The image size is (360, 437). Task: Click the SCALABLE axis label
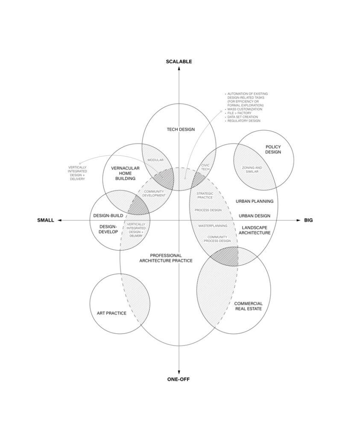coord(179,61)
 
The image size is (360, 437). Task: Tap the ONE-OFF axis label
coord(179,379)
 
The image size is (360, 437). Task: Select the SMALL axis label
coord(46,220)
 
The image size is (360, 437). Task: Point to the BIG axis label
coord(308,220)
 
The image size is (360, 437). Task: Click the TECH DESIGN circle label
coord(181,129)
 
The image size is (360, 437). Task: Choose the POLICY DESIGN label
coord(273,149)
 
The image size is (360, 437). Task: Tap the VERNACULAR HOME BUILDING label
coord(123,172)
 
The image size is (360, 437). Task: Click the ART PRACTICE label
coord(111,313)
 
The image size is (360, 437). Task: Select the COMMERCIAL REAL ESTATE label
coord(248,306)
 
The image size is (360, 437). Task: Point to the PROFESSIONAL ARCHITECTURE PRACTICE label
coord(166,258)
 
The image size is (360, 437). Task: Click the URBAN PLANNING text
coord(255,201)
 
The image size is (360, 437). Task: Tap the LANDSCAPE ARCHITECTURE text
coord(256,230)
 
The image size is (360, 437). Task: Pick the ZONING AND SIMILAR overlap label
coord(252,169)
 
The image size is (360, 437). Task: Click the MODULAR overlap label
coord(155,160)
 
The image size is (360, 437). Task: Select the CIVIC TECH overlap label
coord(206,167)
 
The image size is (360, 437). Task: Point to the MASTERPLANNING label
coord(213,225)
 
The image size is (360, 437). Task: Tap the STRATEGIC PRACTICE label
coord(205,195)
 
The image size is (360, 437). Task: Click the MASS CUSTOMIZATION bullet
coord(245,109)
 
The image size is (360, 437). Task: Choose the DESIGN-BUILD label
coord(108,216)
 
